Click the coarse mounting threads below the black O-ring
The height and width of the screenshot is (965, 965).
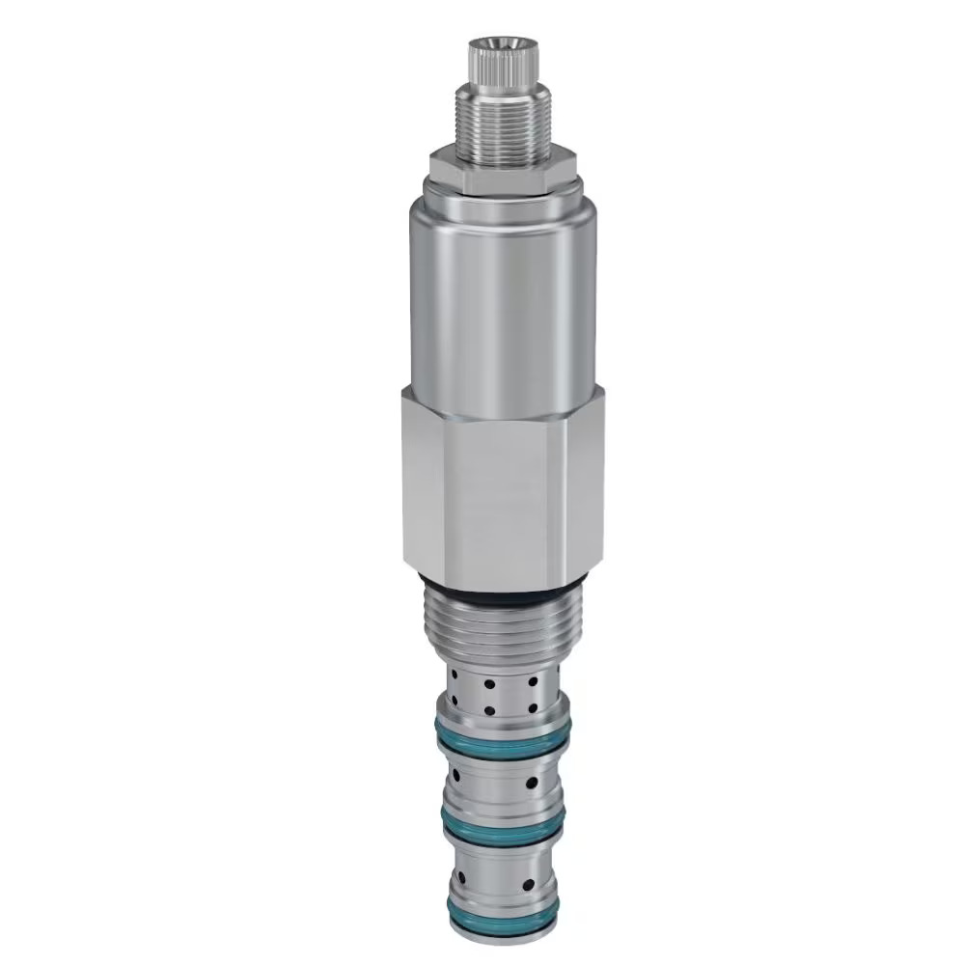(502, 627)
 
